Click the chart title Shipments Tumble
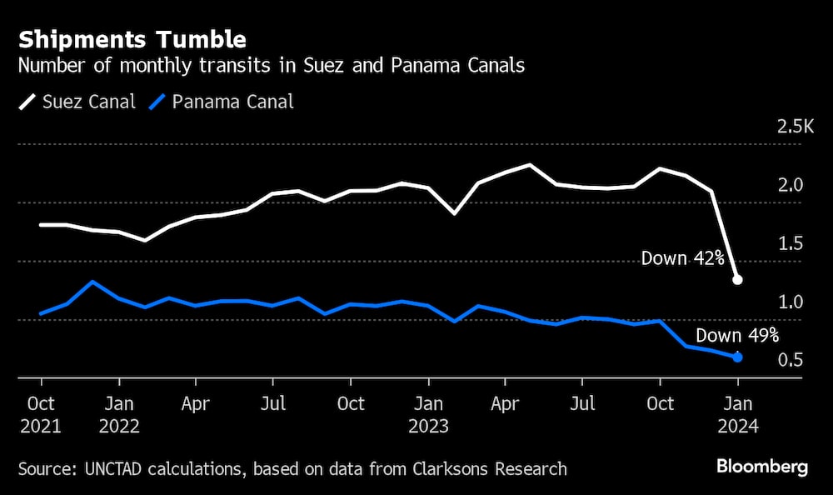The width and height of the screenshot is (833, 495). (x=132, y=39)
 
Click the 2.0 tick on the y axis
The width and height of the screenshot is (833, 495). (x=791, y=185)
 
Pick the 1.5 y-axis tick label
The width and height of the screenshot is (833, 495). (x=791, y=243)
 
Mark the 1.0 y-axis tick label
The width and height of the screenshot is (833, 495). (x=791, y=302)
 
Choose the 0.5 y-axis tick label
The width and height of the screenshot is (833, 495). (x=791, y=360)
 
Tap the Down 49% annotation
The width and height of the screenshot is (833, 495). (x=737, y=336)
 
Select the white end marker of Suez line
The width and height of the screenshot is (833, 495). (x=737, y=280)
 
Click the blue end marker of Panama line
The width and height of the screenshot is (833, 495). (x=737, y=357)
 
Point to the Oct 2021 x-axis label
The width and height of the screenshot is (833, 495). (x=41, y=414)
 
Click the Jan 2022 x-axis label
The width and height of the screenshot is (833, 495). (x=119, y=414)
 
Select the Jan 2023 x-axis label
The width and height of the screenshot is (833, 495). (x=428, y=414)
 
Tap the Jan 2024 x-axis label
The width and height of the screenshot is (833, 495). (x=737, y=414)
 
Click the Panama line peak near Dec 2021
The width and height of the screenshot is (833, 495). (x=93, y=282)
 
